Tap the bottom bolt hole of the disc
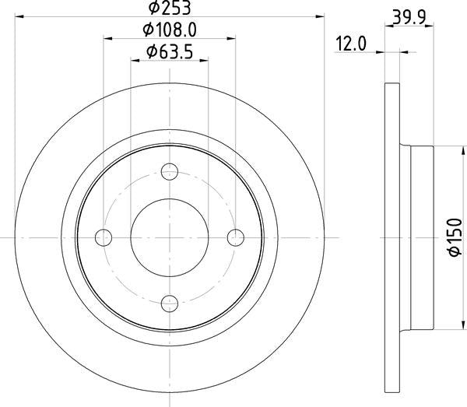[169, 303]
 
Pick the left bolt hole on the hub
[104, 237]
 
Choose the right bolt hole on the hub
[235, 237]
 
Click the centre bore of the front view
[169, 237]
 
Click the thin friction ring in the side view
[393, 237]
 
